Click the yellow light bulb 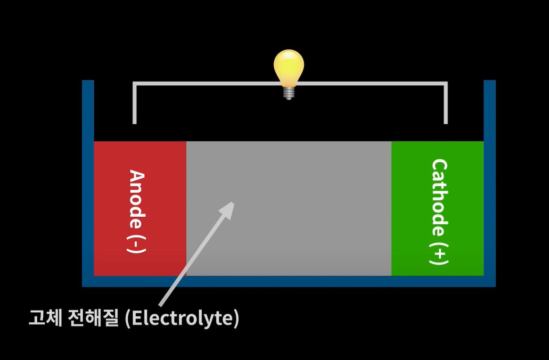[289, 67]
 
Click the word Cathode [439, 197]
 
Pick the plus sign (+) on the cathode [439, 254]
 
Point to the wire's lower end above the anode [134, 122]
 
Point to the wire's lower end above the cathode [445, 122]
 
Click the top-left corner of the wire [135, 84]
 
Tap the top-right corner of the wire [445, 84]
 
